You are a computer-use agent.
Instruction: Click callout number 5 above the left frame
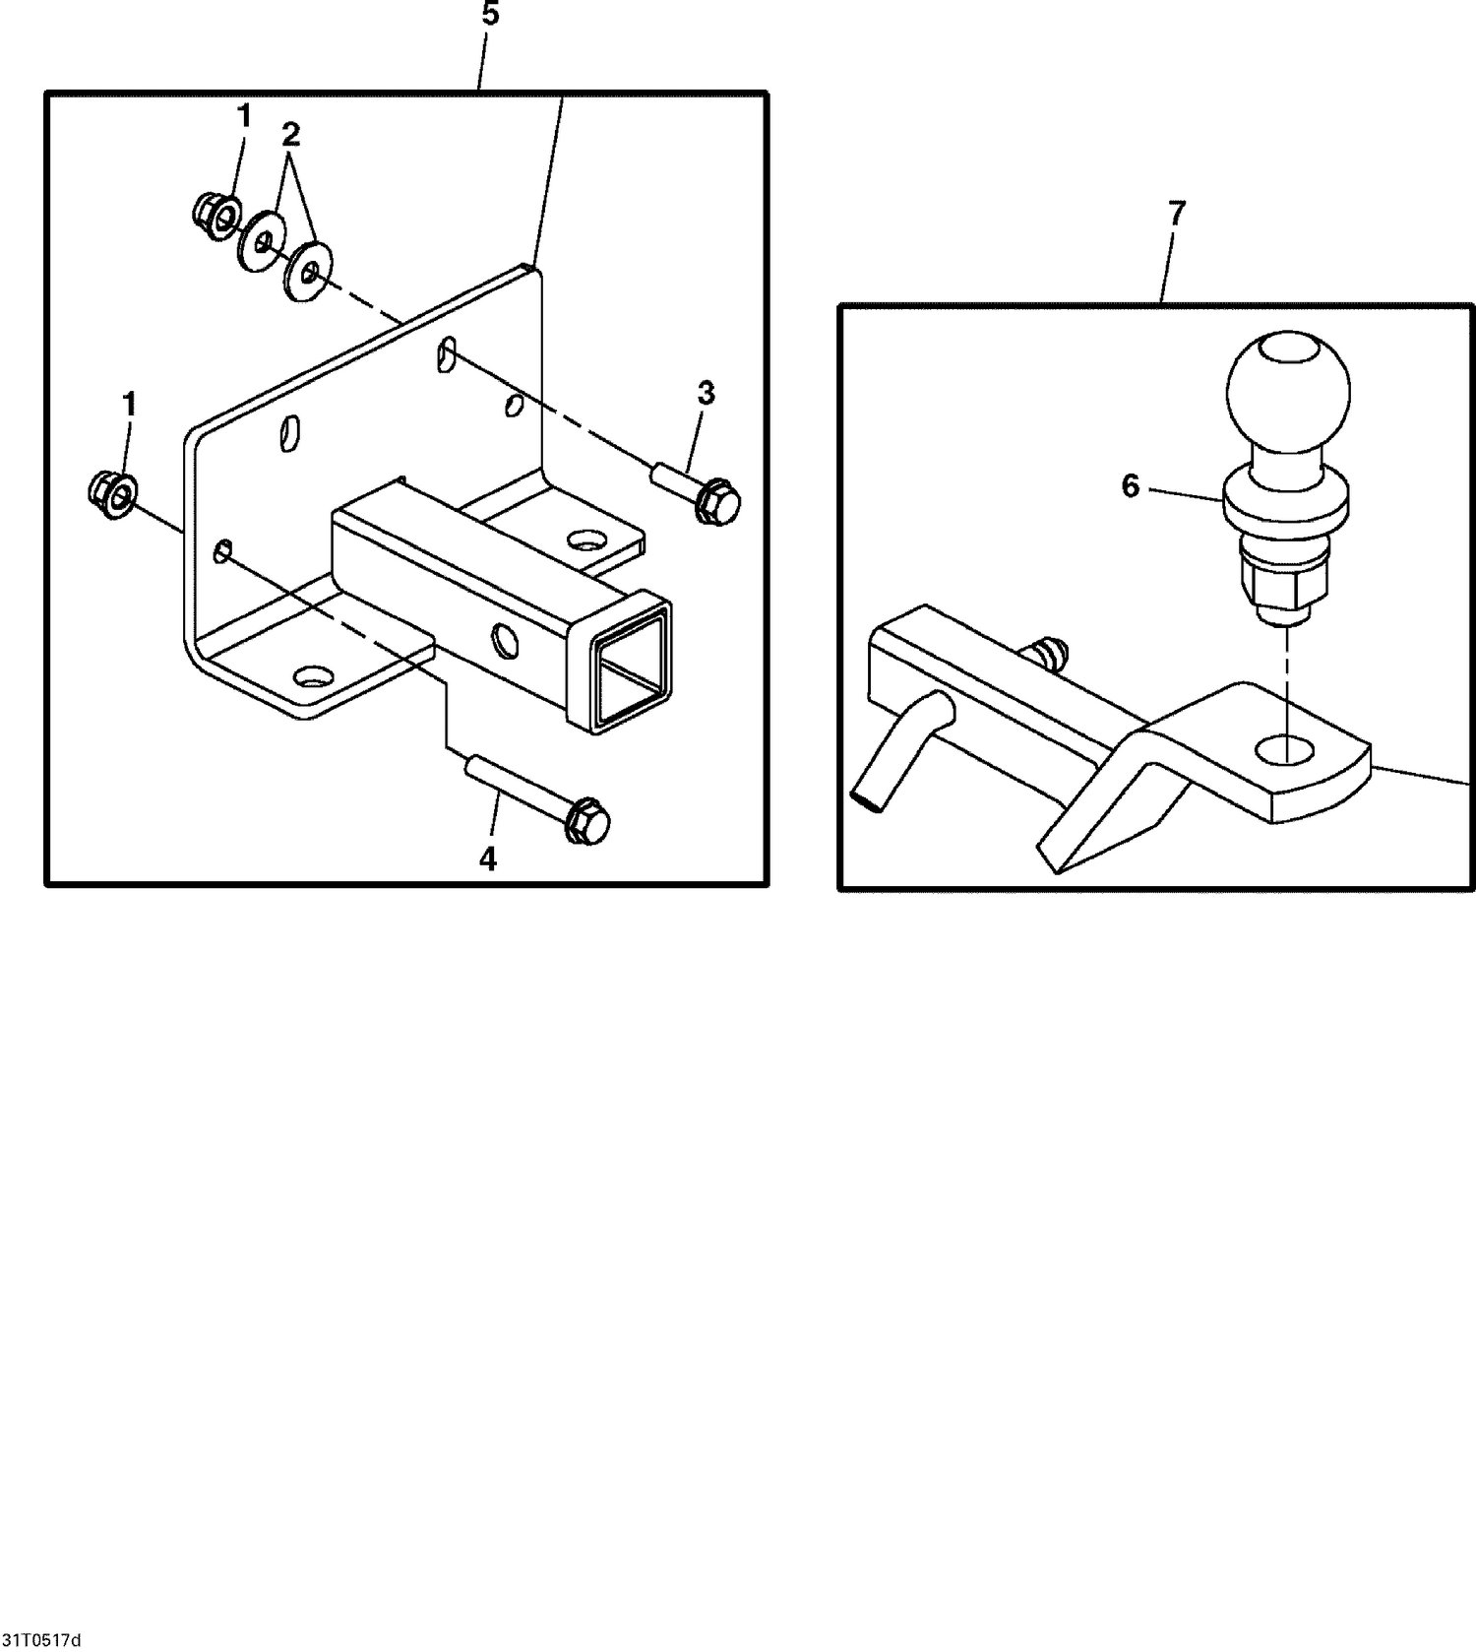click(490, 16)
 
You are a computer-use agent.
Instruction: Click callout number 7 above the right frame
click(1177, 212)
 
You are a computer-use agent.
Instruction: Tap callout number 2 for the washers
click(290, 133)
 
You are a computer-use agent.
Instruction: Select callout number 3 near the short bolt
click(706, 393)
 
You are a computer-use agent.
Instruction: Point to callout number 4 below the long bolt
click(488, 859)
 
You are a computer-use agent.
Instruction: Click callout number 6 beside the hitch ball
click(1131, 485)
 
